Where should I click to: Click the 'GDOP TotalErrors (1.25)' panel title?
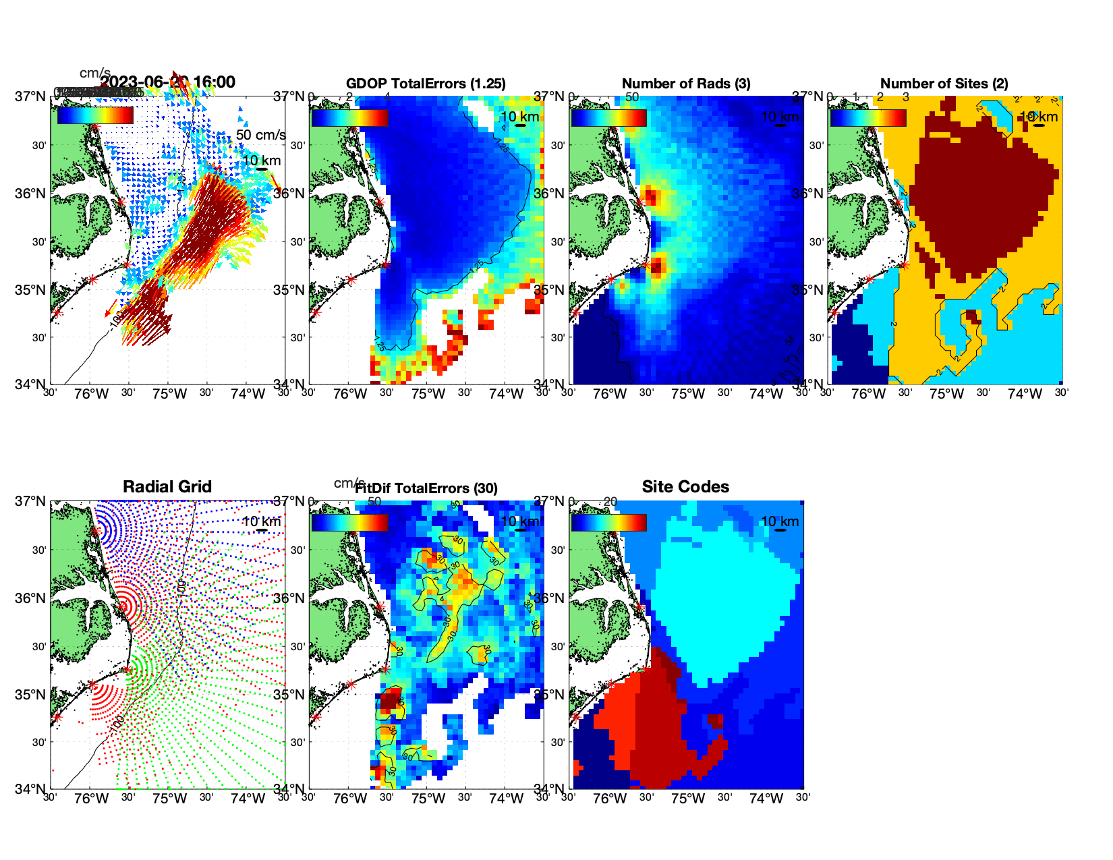click(426, 84)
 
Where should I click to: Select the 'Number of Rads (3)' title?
click(685, 84)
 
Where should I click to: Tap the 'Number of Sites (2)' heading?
click(944, 84)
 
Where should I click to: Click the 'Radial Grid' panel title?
click(167, 487)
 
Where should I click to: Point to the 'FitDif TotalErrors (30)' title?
click(426, 488)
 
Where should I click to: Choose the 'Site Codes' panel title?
click(685, 487)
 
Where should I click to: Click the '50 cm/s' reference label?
click(260, 135)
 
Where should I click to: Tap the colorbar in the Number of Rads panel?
click(608, 117)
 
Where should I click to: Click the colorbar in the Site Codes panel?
click(608, 523)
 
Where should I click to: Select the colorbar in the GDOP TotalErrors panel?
click(349, 117)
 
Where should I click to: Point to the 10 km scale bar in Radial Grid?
click(262, 530)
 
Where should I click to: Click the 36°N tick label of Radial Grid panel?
click(31, 598)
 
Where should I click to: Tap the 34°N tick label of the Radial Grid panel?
click(31, 789)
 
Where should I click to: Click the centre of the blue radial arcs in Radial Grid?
click(96, 531)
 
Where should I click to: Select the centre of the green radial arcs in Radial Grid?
click(127, 669)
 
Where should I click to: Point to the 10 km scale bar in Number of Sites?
click(1039, 125)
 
